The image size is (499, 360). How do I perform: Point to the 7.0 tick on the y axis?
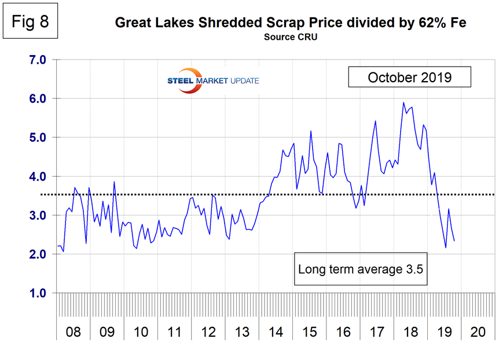[38, 60]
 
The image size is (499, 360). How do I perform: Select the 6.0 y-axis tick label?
[38, 98]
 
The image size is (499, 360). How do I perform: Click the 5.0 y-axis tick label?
[38, 138]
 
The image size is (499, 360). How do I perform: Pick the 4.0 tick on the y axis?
[38, 177]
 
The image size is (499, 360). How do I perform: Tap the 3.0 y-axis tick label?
[38, 215]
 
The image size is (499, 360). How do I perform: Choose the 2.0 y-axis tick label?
[38, 255]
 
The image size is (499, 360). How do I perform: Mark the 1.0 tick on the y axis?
[38, 293]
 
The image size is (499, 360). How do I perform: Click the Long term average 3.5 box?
[362, 269]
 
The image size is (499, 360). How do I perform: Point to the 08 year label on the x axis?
[74, 333]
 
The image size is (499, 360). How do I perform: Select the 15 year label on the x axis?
[310, 333]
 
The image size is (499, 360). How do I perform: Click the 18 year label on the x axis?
[411, 333]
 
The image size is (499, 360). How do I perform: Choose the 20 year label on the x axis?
[478, 333]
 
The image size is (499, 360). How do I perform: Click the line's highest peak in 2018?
[403, 102]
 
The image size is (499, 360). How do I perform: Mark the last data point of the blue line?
[454, 241]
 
